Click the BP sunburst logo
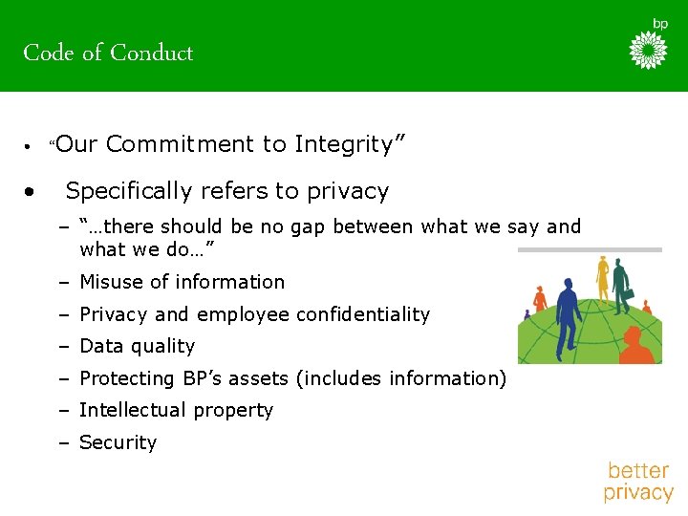(x=648, y=50)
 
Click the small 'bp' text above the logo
(x=660, y=23)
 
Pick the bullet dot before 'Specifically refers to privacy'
(x=32, y=191)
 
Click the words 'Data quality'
(x=137, y=346)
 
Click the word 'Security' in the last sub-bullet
(x=118, y=442)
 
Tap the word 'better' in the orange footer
(x=637, y=470)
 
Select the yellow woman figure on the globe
(x=602, y=277)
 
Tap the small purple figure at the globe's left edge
(x=527, y=313)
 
